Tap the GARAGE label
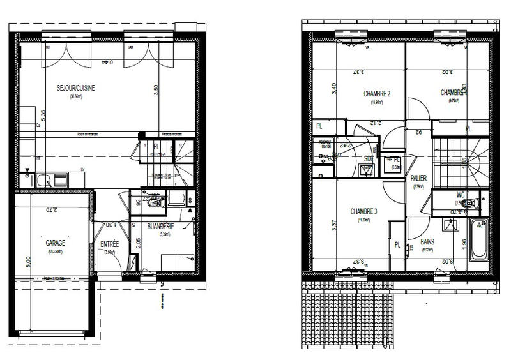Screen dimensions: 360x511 click(x=56, y=243)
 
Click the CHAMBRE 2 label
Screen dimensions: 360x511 click(x=377, y=94)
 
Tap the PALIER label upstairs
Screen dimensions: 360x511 click(x=419, y=179)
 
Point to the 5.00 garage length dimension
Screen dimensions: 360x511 click(x=20, y=262)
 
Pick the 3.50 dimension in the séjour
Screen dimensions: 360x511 click(x=155, y=90)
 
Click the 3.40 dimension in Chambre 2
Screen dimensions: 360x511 click(x=333, y=88)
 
